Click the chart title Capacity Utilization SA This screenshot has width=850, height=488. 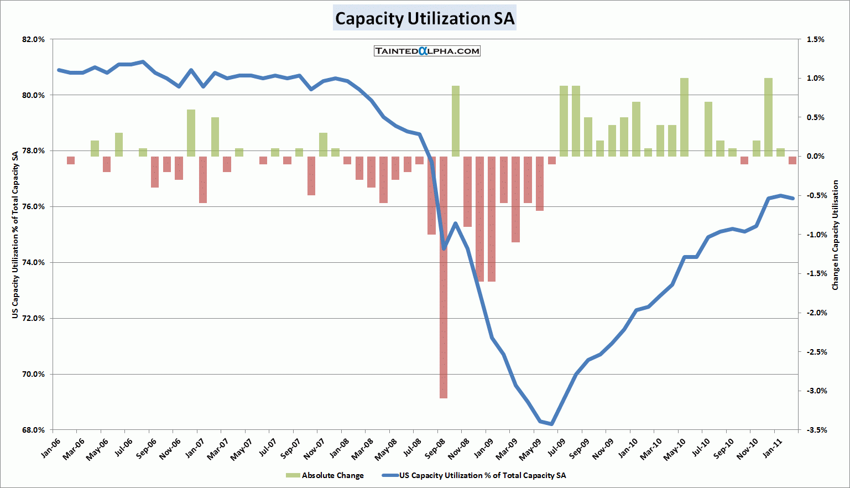click(425, 18)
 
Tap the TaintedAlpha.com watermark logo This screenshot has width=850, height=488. click(427, 51)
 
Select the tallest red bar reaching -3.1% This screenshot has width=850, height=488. click(444, 277)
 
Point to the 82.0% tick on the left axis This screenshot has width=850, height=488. click(33, 39)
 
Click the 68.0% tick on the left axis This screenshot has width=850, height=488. click(33, 430)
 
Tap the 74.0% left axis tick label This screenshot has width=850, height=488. click(33, 262)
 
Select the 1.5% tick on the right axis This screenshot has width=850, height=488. click(815, 39)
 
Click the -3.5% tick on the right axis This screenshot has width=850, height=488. click(814, 430)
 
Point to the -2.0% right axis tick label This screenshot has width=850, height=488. click(814, 313)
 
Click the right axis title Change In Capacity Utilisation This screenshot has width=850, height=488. click(836, 235)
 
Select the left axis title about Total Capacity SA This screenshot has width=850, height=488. click(15, 235)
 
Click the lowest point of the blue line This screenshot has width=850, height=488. click(551, 424)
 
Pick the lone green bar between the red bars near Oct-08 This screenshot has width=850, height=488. click(456, 121)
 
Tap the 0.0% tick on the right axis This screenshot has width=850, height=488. click(815, 156)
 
